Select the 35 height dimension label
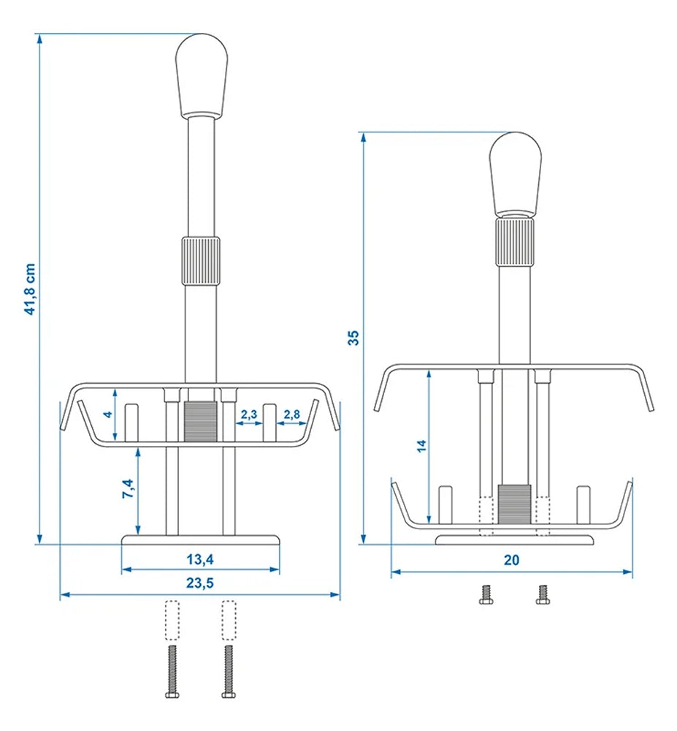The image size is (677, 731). (353, 337)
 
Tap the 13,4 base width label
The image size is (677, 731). (200, 559)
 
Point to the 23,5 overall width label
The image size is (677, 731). (200, 583)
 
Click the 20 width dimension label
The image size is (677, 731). (511, 561)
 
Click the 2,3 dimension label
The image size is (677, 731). (248, 414)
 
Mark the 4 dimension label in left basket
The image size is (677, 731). (108, 414)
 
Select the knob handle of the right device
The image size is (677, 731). (515, 173)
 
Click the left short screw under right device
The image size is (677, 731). (484, 594)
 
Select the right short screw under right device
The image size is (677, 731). (541, 594)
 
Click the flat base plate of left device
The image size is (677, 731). (201, 539)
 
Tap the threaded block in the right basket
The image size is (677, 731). (515, 504)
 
